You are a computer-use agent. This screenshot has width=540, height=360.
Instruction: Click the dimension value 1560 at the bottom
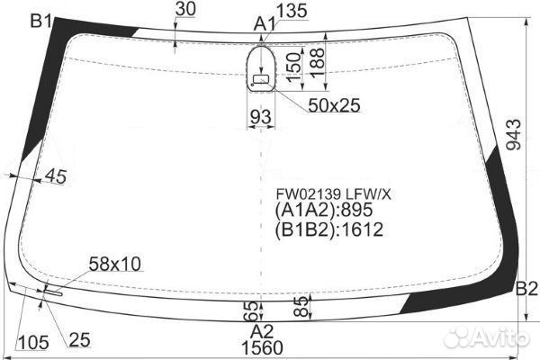click(261, 348)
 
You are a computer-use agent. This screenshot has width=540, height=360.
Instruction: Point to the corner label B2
click(526, 288)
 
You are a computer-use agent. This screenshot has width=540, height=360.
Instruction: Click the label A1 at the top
click(264, 22)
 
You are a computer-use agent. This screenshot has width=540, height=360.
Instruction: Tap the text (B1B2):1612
click(328, 229)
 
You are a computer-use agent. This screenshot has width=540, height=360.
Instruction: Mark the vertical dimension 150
click(293, 67)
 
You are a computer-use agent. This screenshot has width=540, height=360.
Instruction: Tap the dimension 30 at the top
click(185, 9)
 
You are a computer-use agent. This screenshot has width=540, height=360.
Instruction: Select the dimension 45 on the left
click(55, 176)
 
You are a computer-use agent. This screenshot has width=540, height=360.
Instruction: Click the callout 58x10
click(115, 264)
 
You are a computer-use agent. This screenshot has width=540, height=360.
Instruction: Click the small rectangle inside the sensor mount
click(261, 80)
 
